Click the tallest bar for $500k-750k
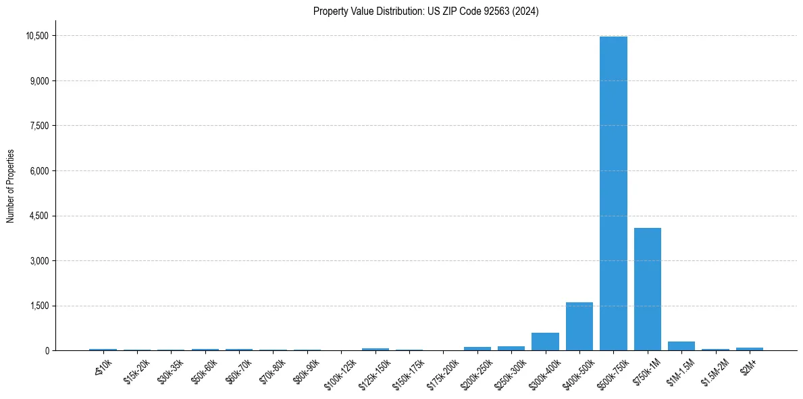(x=613, y=193)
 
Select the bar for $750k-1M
(x=647, y=289)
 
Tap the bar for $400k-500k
(x=579, y=327)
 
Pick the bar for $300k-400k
(x=545, y=342)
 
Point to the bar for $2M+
(x=750, y=349)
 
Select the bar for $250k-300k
(x=511, y=348)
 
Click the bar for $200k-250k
(x=477, y=349)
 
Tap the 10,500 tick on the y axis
(x=36, y=36)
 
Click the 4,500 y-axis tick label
(x=39, y=216)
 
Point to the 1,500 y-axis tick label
(x=39, y=306)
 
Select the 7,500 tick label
(x=39, y=126)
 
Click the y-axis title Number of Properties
(x=11, y=186)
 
